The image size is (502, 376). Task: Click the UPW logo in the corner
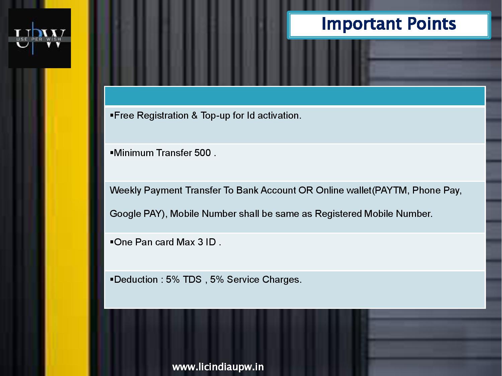tap(39, 38)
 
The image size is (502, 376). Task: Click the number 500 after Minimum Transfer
tap(202, 153)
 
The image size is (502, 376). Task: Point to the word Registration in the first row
tap(163, 116)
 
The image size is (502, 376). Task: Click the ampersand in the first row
tap(194, 115)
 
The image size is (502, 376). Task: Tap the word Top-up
tap(215, 116)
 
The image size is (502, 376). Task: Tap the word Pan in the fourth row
tap(144, 242)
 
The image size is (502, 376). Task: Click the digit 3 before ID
tap(200, 242)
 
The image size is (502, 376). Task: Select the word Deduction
tap(136, 279)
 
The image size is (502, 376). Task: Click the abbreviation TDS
tap(192, 279)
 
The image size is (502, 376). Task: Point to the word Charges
tap(282, 280)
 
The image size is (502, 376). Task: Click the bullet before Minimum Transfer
tap(111, 152)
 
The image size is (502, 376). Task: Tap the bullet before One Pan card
tap(111, 242)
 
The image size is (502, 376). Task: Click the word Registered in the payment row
tap(338, 214)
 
